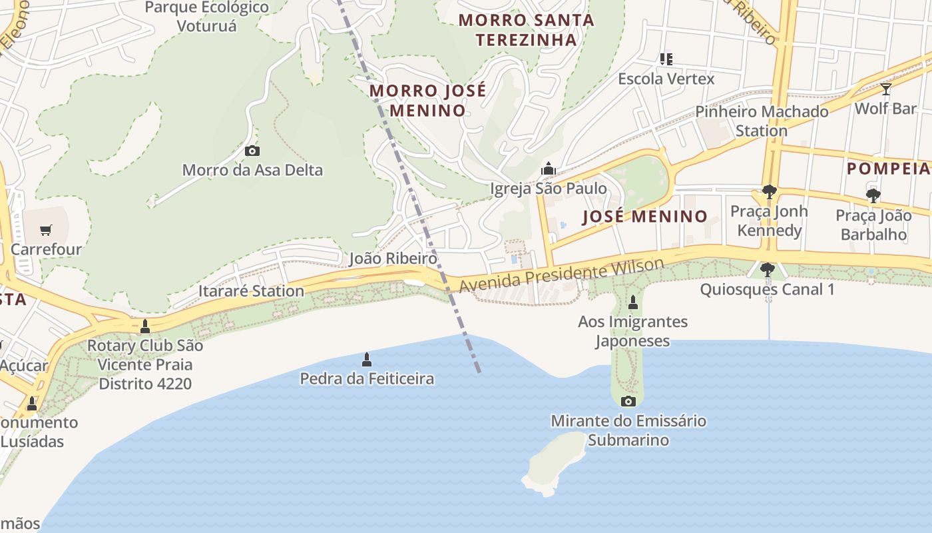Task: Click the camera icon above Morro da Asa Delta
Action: point(252,151)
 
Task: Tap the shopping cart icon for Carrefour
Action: point(45,231)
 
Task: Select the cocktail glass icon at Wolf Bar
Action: point(885,89)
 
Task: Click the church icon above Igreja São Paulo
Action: point(549,169)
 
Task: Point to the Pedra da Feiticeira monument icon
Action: point(366,360)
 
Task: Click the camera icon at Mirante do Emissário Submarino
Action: point(628,401)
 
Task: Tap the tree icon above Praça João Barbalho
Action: point(873,196)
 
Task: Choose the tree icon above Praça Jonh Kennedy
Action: point(769,192)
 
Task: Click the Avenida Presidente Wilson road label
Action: point(562,276)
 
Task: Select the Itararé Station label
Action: point(251,291)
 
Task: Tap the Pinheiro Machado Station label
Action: point(762,121)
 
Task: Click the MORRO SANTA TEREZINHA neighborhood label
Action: point(526,30)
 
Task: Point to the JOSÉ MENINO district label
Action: point(644,217)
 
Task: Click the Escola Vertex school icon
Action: point(666,59)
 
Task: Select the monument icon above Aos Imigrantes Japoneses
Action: point(632,302)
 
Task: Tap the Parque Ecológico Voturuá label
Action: point(207,17)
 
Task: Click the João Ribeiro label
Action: point(393,259)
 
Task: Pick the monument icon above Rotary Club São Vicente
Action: point(145,326)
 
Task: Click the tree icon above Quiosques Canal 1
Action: point(767,270)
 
